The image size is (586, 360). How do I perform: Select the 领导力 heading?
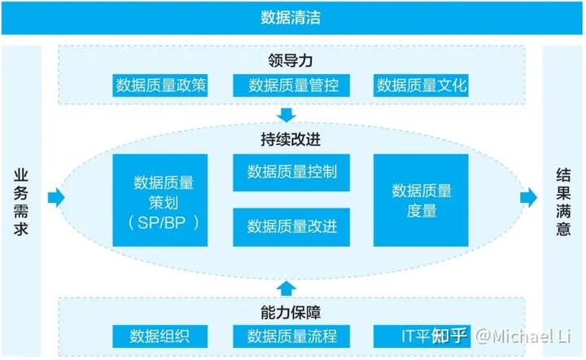click(291, 60)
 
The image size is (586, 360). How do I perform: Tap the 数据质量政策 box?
click(160, 86)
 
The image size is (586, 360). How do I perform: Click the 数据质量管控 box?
click(292, 86)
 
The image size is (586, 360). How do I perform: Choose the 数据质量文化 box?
click(422, 86)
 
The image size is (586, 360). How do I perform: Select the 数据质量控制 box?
click(292, 172)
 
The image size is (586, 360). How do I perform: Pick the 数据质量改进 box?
click(292, 226)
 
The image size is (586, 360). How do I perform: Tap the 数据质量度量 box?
click(422, 200)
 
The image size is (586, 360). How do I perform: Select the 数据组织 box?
click(160, 335)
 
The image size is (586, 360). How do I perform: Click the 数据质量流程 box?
click(292, 335)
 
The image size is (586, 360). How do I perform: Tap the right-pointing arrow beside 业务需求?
click(56, 197)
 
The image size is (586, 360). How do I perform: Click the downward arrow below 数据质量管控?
click(286, 112)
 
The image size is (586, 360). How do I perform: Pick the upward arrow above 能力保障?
click(286, 285)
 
